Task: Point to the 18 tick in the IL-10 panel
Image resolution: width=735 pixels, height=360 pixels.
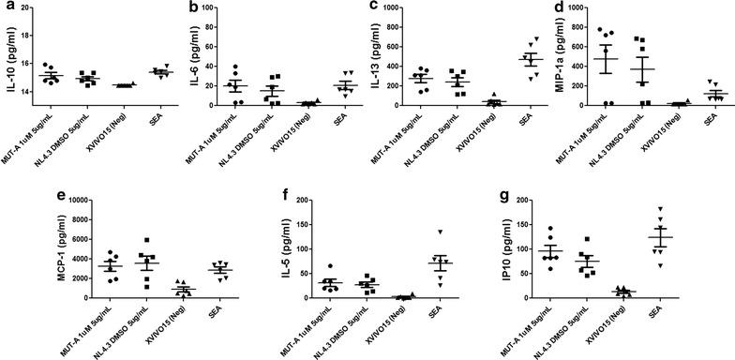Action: coord(29,8)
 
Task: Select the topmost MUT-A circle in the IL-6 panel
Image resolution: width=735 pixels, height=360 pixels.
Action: coord(236,67)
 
